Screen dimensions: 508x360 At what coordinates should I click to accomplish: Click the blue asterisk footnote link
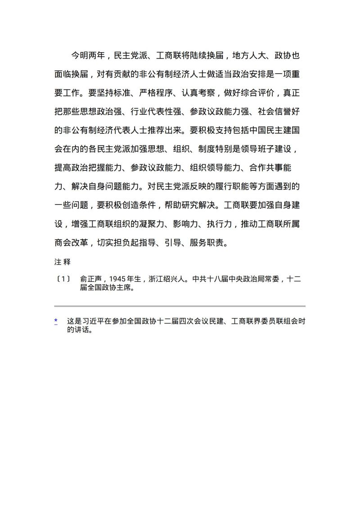56,321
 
